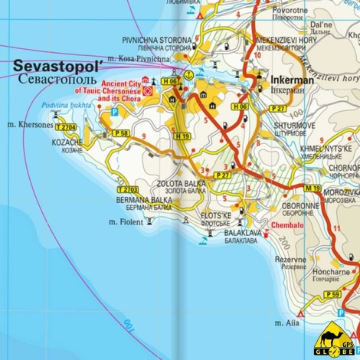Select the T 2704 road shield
tap(66, 127)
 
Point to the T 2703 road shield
tap(127, 189)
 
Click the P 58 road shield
tap(120, 133)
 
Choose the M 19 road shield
tap(311, 188)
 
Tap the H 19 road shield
tap(182, 136)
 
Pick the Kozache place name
tap(67, 142)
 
